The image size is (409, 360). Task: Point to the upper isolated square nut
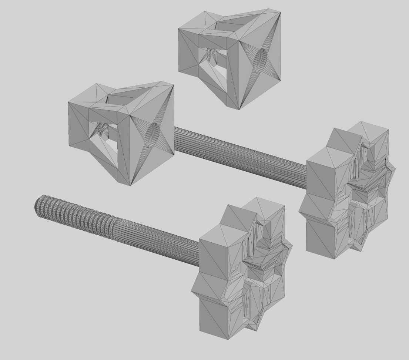pos(229,59)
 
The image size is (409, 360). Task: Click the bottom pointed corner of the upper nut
pos(239,109)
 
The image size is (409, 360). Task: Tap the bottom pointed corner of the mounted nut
pos(130,185)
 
